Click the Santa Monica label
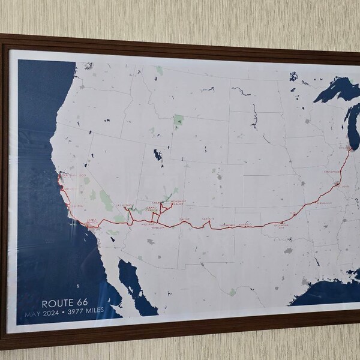(x=90, y=221)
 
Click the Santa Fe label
(x=208, y=219)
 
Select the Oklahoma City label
(x=281, y=226)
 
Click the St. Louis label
(x=342, y=187)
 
